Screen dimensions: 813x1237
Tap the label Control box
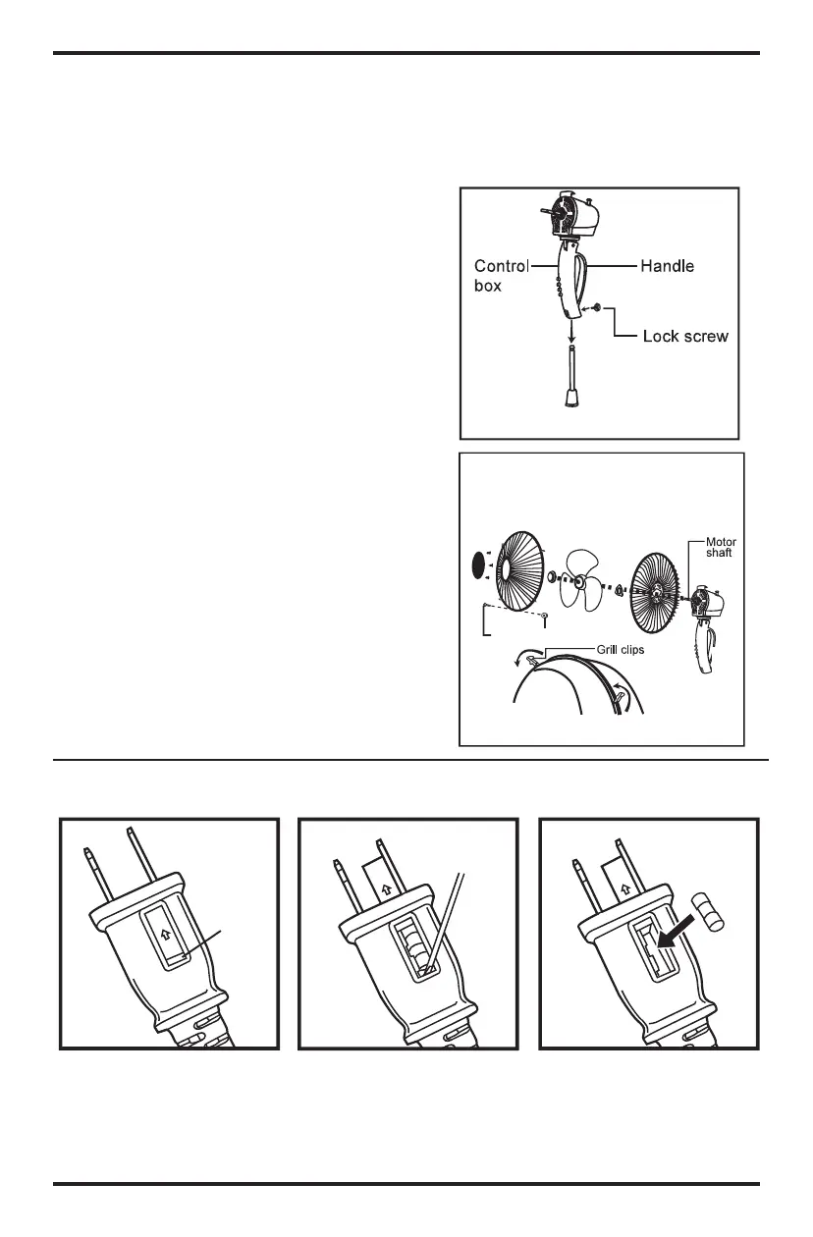(502, 274)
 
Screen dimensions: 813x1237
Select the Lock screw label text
(685, 336)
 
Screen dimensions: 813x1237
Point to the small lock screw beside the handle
(597, 308)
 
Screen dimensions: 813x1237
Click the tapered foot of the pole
(570, 396)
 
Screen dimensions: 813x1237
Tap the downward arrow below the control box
(570, 334)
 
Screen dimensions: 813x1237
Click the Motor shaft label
(720, 547)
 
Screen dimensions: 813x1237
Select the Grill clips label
(618, 649)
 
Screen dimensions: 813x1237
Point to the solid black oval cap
(479, 565)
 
